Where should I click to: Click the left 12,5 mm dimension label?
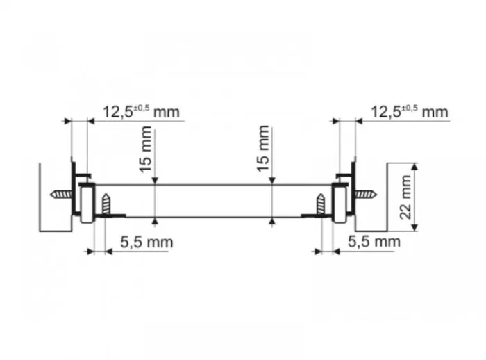point(141,112)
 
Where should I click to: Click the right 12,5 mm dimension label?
point(410,112)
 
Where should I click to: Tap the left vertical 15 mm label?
point(146,149)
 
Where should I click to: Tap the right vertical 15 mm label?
point(263,148)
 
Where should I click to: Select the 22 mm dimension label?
point(405,197)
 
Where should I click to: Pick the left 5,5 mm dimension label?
point(146,242)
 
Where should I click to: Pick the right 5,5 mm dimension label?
point(374,242)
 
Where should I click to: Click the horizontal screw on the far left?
point(61,195)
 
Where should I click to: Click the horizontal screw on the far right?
point(366,195)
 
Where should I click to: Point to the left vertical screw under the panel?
point(106,204)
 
